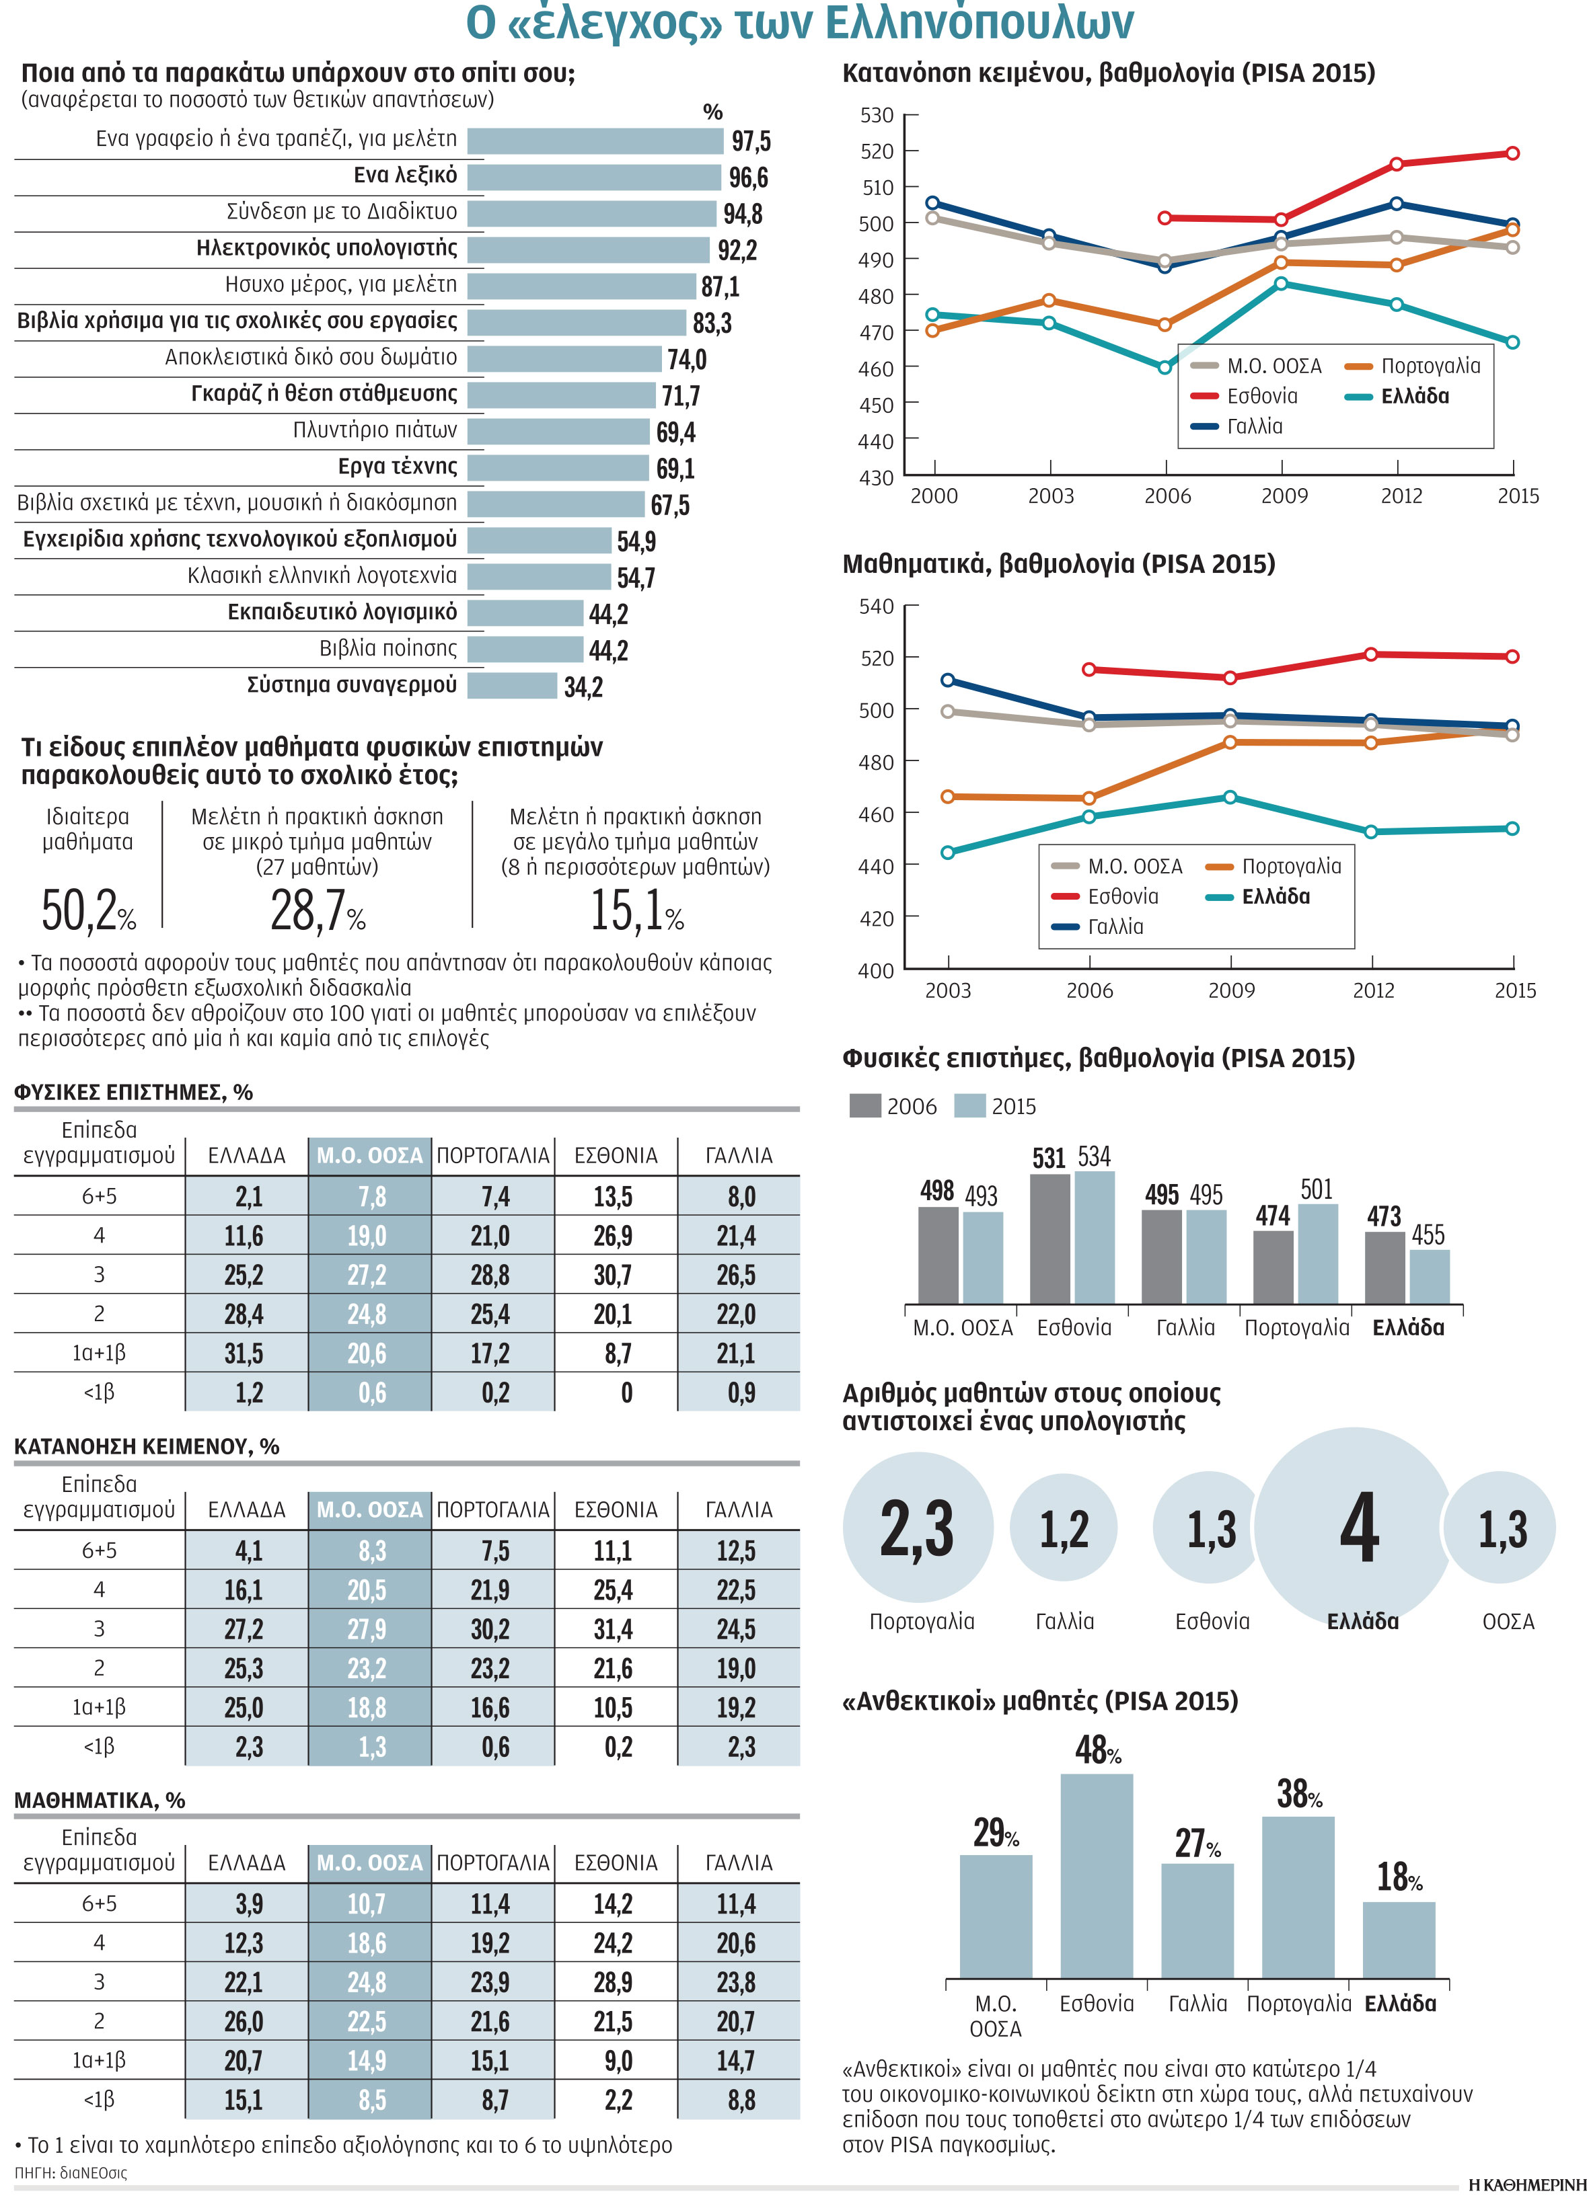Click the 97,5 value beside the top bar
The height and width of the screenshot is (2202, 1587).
coord(751,142)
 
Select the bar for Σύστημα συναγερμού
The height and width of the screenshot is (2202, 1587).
coord(513,685)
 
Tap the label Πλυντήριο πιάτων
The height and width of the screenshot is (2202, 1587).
coord(375,430)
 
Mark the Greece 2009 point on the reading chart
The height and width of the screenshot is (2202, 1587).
coord(1281,284)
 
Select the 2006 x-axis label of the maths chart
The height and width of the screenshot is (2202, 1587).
coord(1090,990)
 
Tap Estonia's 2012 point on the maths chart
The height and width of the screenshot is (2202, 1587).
coord(1371,654)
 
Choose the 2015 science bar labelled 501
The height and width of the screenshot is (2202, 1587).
coord(1318,1253)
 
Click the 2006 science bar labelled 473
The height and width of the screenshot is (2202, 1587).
coord(1385,1267)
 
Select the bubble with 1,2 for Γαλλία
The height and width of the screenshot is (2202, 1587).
coord(1064,1527)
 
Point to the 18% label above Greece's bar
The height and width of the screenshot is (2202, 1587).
coord(1399,1877)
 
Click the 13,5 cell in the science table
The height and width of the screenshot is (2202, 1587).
coord(613,1196)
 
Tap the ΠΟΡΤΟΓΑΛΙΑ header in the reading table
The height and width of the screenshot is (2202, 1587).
coord(493,1509)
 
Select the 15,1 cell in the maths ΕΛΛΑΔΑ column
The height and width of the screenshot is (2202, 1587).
coord(243,2100)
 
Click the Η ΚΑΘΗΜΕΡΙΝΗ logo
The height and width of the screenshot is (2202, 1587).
coord(1526,2184)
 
